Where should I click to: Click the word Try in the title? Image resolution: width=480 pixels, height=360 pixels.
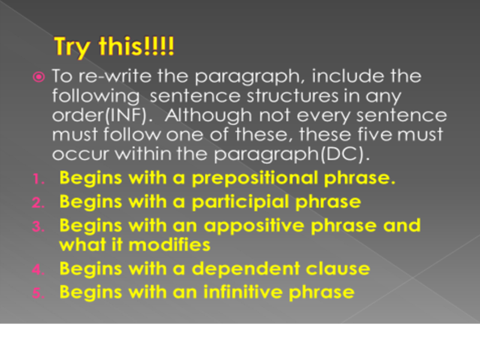click(x=73, y=47)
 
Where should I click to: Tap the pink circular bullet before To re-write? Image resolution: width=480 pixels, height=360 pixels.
click(x=38, y=77)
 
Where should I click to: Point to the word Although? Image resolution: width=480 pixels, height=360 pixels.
click(x=208, y=115)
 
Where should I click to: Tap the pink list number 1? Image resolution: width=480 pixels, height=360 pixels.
click(x=38, y=179)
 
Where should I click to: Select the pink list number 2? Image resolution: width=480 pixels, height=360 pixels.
click(x=38, y=202)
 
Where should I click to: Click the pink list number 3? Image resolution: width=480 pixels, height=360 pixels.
click(x=38, y=226)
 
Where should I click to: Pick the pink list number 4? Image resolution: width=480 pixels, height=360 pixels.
click(x=38, y=269)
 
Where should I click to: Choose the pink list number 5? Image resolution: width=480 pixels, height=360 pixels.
click(x=38, y=293)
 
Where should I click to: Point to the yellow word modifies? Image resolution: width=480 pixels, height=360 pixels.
click(x=169, y=245)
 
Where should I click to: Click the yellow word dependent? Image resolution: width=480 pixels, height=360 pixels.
click(x=246, y=269)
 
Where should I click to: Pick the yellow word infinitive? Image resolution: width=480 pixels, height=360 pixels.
click(x=243, y=292)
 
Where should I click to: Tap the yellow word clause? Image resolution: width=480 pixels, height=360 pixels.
click(x=338, y=269)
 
